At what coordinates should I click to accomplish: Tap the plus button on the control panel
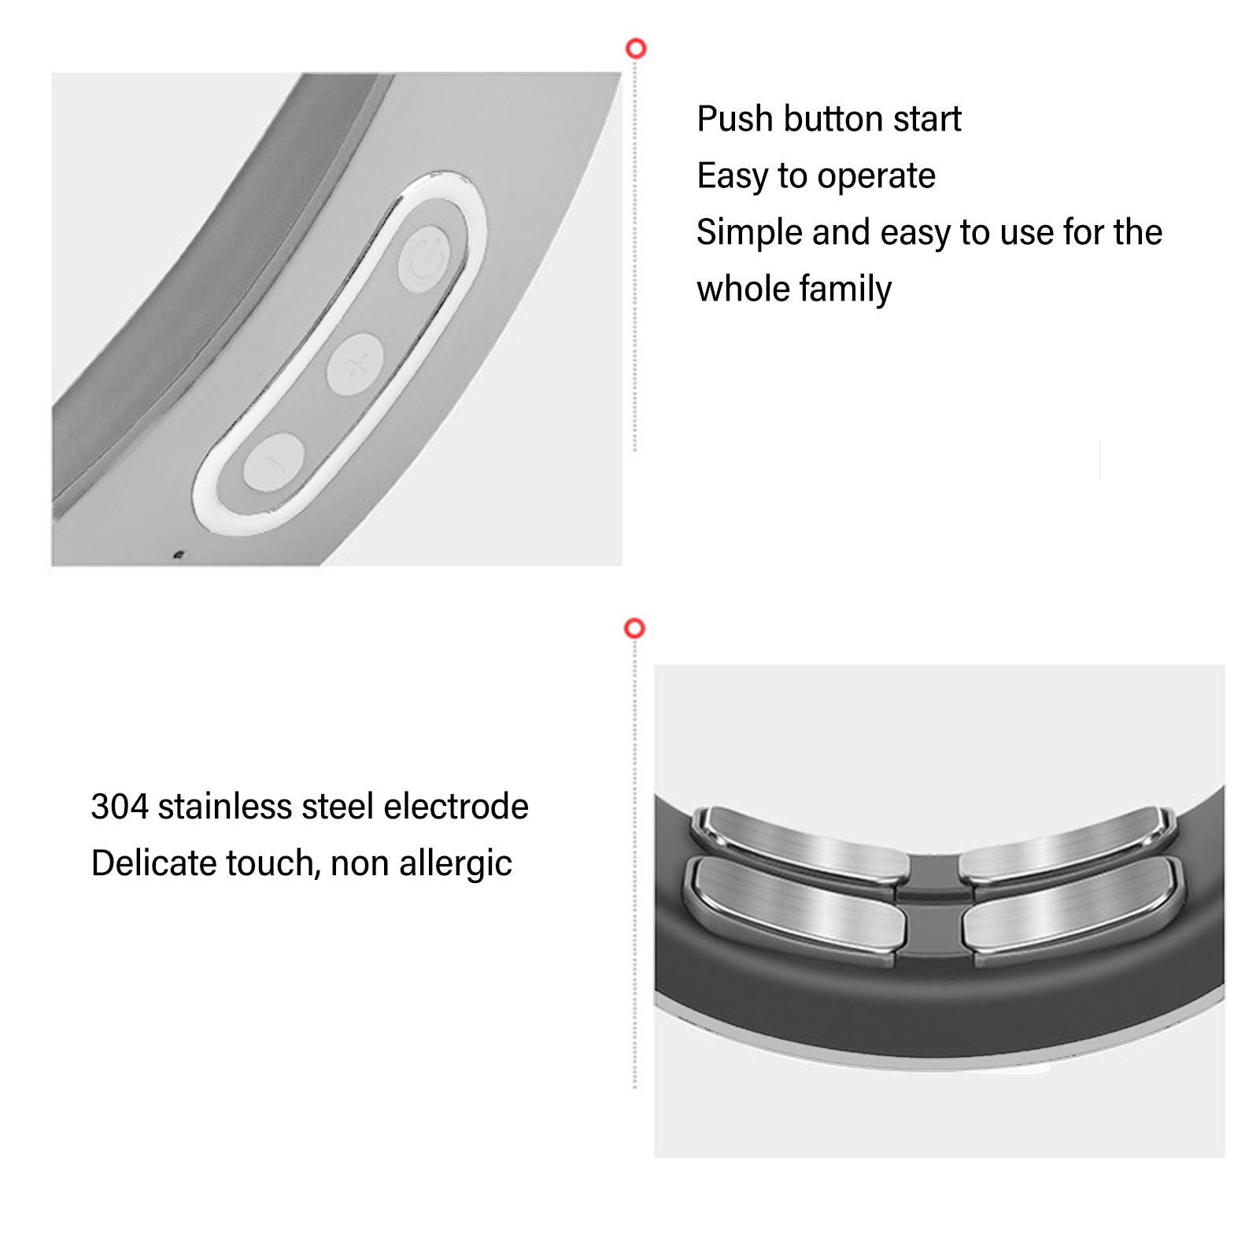pos(355,364)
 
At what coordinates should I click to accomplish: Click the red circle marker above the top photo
pos(636,49)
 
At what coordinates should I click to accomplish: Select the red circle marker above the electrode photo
pos(634,628)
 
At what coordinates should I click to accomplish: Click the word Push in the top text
pos(735,119)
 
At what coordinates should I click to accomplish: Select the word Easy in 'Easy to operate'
pos(732,176)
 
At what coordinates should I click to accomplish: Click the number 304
pos(120,807)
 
